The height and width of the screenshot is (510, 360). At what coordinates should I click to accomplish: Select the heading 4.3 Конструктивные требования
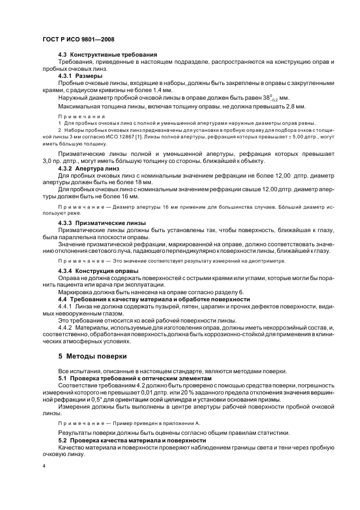[x=107, y=54]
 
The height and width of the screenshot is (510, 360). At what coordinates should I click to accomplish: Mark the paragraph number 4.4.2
[x=65, y=327]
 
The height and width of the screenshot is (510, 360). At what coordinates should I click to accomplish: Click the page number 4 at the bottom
[x=44, y=466]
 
